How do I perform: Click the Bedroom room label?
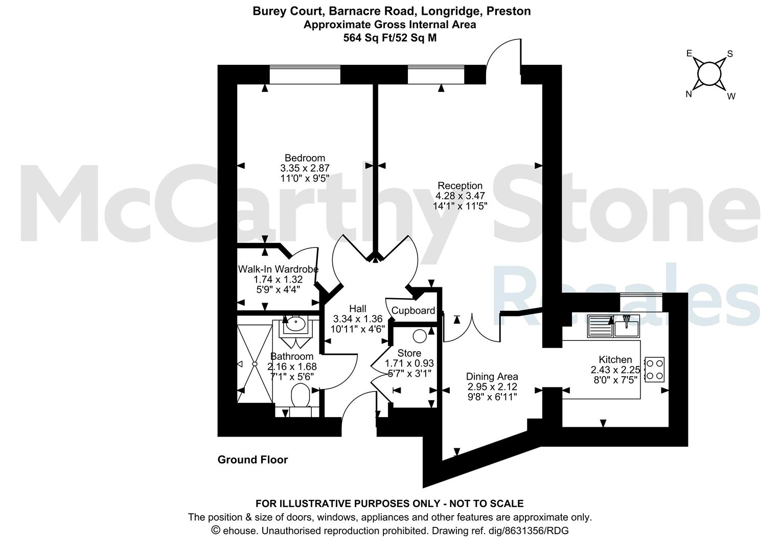305,158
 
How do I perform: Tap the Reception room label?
460,186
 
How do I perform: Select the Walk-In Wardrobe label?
278,269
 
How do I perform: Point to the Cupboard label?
413,310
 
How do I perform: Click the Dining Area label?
492,377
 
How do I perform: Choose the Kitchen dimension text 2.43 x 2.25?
615,370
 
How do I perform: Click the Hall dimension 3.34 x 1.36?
358,319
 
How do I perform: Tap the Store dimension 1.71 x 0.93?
409,363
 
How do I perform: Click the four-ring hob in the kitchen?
654,370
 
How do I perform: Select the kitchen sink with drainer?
613,326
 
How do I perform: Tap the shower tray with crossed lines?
255,364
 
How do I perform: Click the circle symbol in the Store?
420,336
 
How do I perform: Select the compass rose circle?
709,74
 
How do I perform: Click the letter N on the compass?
688,94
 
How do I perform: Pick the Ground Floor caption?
253,460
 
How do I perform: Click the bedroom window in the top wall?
305,75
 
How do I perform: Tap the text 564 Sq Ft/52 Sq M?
390,38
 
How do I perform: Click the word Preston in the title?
509,11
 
